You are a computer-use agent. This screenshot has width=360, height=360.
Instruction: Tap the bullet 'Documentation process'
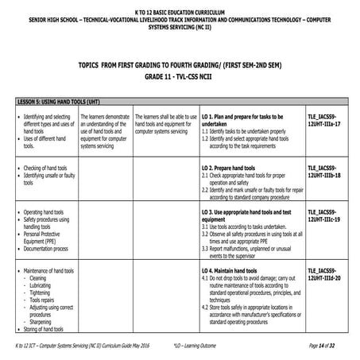(x=49, y=249)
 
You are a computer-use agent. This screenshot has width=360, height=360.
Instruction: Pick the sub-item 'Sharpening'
(x=43, y=321)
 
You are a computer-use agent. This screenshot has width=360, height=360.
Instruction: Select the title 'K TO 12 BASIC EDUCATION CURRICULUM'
(x=180, y=6)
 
